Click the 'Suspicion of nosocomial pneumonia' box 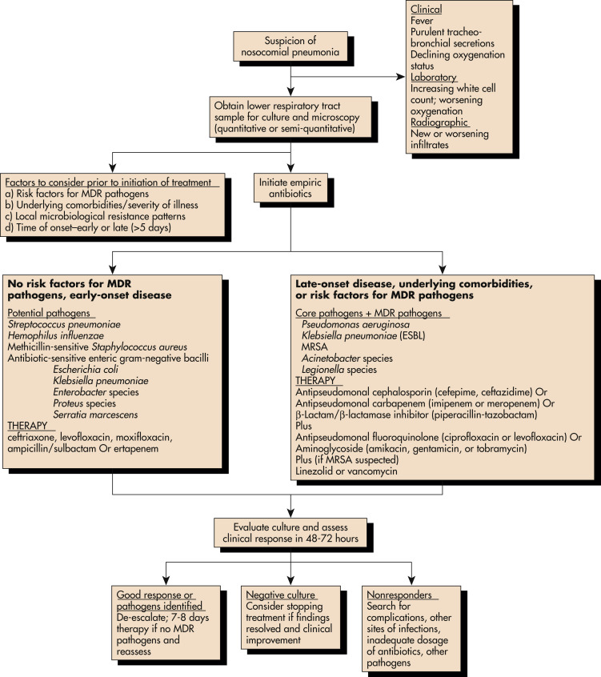(x=290, y=46)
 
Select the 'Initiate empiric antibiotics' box (x=290, y=188)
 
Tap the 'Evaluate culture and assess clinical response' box (x=290, y=532)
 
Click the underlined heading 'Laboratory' (x=434, y=78)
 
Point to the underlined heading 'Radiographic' (x=439, y=122)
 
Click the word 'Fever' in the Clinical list (x=422, y=21)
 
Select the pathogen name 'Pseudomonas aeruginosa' (x=356, y=325)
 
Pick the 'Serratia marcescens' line (x=95, y=415)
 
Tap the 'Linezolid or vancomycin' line (x=347, y=471)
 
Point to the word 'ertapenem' (x=138, y=449)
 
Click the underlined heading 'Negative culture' (x=281, y=595)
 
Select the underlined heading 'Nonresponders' (x=399, y=595)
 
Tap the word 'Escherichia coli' (x=86, y=370)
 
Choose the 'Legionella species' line (x=339, y=370)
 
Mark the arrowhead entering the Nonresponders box (x=411, y=581)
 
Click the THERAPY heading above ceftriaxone (x=27, y=426)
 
